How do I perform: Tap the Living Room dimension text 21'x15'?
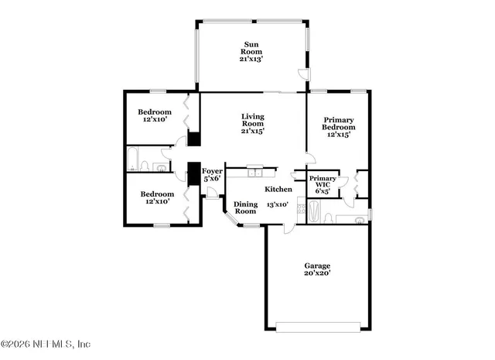coord(252,132)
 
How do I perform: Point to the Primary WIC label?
coord(323,183)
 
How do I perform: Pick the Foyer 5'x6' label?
coord(212,175)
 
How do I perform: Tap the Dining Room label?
coord(245,207)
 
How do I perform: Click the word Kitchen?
coord(278,190)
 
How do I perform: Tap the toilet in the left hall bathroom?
coord(162,166)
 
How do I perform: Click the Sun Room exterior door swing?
coord(303,75)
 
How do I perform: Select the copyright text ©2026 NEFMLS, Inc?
coord(46,344)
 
